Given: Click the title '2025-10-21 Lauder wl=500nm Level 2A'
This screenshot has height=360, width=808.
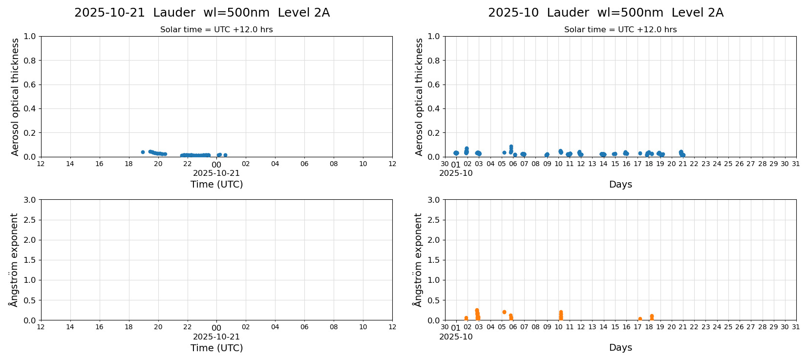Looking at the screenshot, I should click(x=202, y=13).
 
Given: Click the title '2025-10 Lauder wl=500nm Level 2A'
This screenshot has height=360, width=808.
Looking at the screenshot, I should click(x=605, y=13).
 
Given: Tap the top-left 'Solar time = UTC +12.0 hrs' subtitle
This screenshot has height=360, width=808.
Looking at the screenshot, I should click(x=216, y=30).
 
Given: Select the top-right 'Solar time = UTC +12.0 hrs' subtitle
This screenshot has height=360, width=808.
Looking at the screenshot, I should click(x=620, y=30).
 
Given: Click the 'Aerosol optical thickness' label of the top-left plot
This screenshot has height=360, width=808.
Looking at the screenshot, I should click(x=15, y=97).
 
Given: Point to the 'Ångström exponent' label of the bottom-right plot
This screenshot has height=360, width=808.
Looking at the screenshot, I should click(x=418, y=260).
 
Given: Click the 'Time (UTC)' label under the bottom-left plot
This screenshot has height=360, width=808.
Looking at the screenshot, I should click(x=216, y=348).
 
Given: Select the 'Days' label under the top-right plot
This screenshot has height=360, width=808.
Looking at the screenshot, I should click(x=620, y=185).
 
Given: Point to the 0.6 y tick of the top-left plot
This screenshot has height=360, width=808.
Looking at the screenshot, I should click(x=30, y=85).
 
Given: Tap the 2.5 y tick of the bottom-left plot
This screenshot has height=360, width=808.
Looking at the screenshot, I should click(x=30, y=220).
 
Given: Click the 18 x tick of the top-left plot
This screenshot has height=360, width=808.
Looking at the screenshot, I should click(x=128, y=164).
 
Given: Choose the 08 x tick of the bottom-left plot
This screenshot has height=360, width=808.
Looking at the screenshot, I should click(x=334, y=327).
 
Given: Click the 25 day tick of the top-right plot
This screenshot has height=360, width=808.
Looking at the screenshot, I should click(x=728, y=164).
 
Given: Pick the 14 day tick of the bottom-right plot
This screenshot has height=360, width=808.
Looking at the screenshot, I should click(x=603, y=327).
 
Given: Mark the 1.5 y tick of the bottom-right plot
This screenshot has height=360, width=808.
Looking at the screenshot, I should click(x=434, y=260).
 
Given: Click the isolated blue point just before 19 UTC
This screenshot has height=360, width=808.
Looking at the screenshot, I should click(x=143, y=152).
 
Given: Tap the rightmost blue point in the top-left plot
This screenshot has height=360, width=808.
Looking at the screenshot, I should click(x=225, y=155).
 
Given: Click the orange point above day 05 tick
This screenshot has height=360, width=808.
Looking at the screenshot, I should click(x=504, y=312).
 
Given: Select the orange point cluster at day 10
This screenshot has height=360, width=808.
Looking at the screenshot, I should click(x=561, y=315).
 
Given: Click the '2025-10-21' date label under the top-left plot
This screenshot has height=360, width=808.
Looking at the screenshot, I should click(x=216, y=173).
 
